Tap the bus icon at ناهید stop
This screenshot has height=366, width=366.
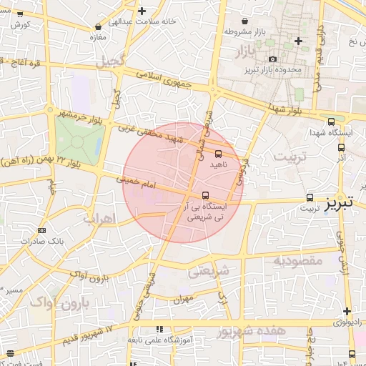pyautogui.click(x=218, y=153)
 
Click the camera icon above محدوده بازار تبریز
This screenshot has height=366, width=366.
pyautogui.click(x=272, y=59)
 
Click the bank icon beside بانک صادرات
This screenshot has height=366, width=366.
pyautogui.click(x=41, y=230)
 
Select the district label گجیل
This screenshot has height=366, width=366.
pyautogui.click(x=113, y=57)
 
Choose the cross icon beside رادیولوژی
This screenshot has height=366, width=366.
pyautogui.click(x=347, y=311)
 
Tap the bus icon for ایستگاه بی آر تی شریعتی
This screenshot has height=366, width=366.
pyautogui.click(x=206, y=194)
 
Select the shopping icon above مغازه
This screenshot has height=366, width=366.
pyautogui.click(x=97, y=26)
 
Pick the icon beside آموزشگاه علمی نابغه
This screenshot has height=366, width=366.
pyautogui.click(x=158, y=329)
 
